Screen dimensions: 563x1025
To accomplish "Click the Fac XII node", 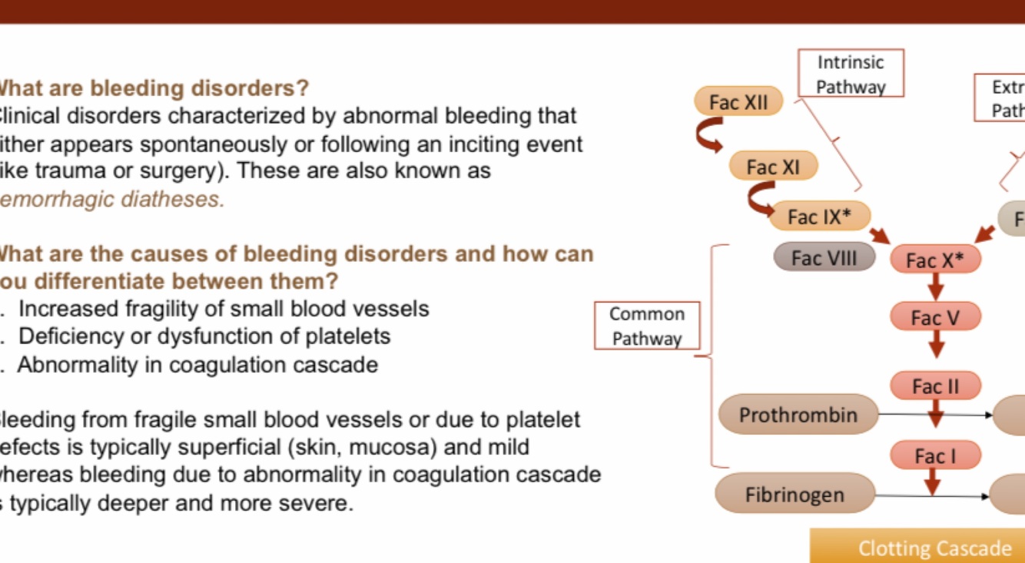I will pos(738,102).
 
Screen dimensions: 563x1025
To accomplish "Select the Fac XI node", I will pos(773,167).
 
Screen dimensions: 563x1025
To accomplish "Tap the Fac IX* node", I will pos(819,217).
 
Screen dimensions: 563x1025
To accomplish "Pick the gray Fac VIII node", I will pos(824,258).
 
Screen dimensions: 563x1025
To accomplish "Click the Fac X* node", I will pos(934,260).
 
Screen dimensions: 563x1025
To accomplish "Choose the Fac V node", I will pos(935,316).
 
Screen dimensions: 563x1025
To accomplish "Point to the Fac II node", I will pos(935,386).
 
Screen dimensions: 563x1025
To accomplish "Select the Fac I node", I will pos(935,456).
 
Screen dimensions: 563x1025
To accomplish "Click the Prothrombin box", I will pos(798,415).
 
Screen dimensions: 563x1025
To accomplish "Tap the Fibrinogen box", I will pos(794,495).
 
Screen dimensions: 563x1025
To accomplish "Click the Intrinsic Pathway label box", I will pos(851,74).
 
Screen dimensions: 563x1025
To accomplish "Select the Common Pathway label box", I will pos(647,326).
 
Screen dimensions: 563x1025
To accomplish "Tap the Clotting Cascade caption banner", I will pos(934,548).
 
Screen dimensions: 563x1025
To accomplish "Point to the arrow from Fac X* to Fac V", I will pos(935,288).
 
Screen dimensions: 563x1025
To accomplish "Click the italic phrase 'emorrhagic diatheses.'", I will pos(112,199).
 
